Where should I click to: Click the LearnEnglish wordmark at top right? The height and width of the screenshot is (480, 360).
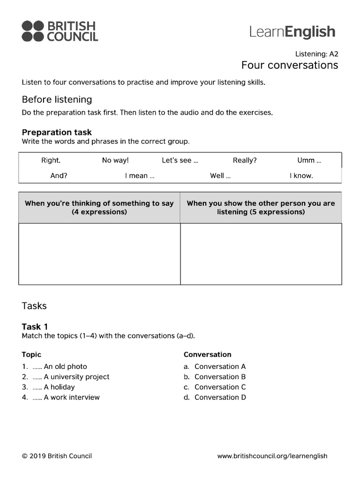(292, 31)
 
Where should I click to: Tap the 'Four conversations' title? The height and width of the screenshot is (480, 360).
(289, 65)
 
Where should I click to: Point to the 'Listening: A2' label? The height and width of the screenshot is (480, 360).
(316, 54)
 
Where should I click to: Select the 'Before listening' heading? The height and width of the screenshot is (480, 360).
(57, 99)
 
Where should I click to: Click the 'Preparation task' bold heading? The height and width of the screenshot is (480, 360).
(57, 132)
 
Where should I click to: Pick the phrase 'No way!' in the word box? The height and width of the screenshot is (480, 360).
(115, 160)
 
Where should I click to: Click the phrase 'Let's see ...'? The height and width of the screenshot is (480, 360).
(180, 160)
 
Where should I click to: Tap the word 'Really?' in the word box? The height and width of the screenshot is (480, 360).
(245, 160)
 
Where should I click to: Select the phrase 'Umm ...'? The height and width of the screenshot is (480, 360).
(309, 160)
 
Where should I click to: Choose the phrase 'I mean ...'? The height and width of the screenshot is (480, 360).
(140, 176)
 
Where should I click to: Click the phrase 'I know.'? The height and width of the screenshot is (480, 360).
(301, 176)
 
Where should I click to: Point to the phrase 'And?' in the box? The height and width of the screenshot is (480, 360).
(59, 176)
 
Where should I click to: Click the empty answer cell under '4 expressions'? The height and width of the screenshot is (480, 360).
(99, 254)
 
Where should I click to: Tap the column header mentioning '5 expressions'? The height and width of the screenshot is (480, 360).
(261, 208)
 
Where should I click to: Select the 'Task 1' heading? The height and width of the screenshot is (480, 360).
(35, 327)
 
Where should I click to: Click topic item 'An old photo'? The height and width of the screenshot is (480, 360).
(65, 367)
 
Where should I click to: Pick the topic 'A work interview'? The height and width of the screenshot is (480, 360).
(71, 397)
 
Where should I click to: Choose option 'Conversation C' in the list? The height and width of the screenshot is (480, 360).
(220, 387)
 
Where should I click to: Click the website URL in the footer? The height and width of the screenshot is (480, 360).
(272, 456)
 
